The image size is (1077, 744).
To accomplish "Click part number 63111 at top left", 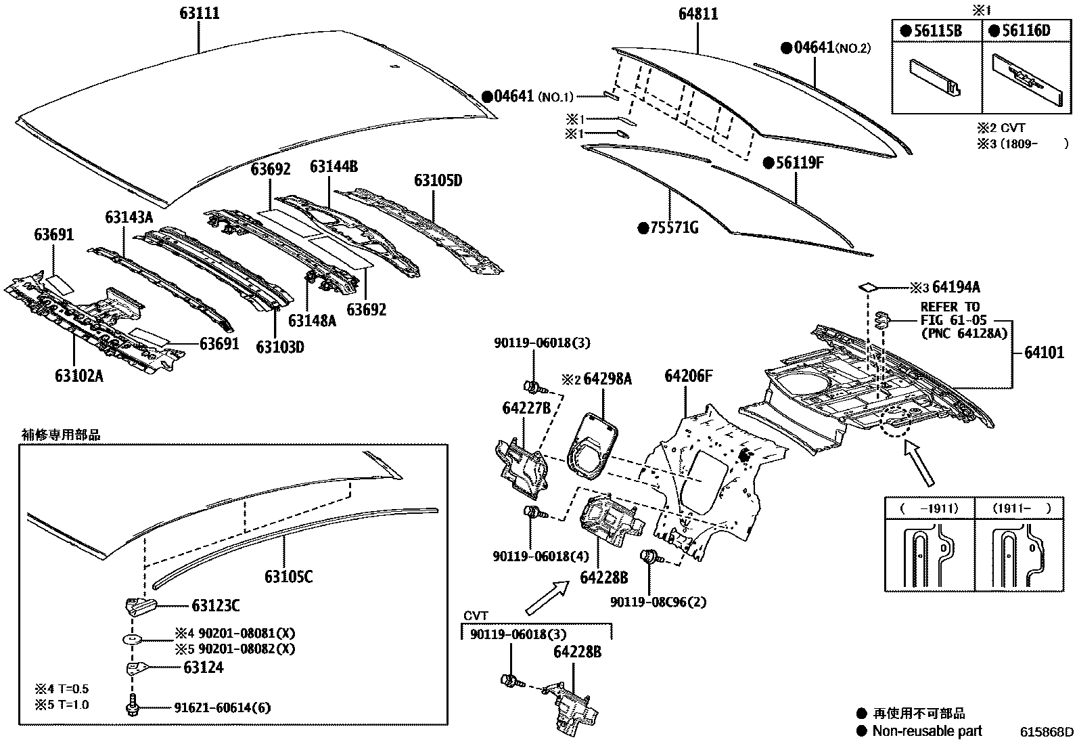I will click(x=200, y=13).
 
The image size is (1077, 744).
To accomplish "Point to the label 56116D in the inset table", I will click(x=1024, y=30).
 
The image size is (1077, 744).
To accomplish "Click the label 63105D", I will click(x=438, y=180).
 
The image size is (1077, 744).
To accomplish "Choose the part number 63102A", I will click(x=79, y=375).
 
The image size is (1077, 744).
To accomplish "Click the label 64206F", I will click(x=689, y=376).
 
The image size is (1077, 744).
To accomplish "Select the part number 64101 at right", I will click(x=1044, y=352).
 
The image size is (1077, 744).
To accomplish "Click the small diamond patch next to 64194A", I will click(x=867, y=287).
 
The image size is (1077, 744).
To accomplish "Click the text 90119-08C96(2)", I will click(x=658, y=602).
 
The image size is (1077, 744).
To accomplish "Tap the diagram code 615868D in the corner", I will click(x=1047, y=732).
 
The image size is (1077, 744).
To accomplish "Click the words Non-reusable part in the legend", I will click(x=927, y=730).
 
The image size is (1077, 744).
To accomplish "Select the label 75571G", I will click(x=674, y=227).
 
